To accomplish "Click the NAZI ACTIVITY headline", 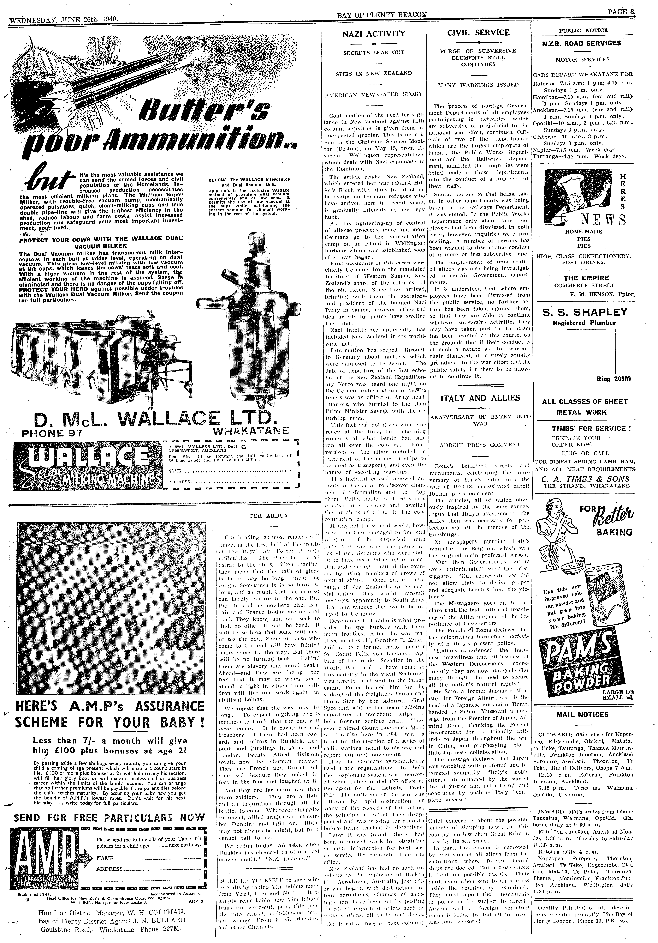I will (x=374, y=34).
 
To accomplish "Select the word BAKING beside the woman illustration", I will (x=614, y=532).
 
